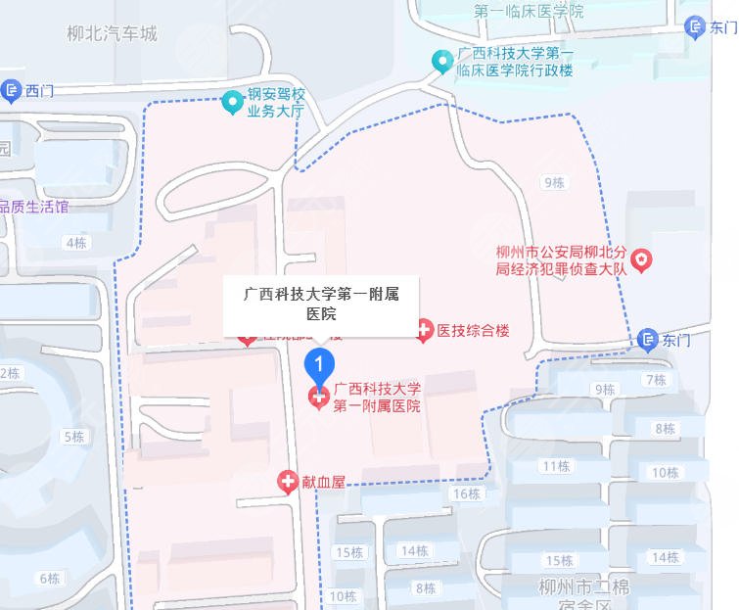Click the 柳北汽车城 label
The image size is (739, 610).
pyautogui.click(x=112, y=34)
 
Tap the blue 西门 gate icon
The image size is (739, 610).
pyautogui.click(x=12, y=92)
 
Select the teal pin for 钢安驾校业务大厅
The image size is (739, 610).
pyautogui.click(x=232, y=101)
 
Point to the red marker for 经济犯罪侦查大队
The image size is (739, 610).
pyautogui.click(x=641, y=259)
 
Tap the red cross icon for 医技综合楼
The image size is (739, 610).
pyautogui.click(x=424, y=331)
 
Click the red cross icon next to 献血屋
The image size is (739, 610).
pyautogui.click(x=287, y=481)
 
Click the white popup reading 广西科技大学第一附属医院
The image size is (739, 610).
pyautogui.click(x=321, y=303)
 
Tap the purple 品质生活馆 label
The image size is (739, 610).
pyautogui.click(x=35, y=207)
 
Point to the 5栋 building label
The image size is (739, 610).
pyautogui.click(x=74, y=436)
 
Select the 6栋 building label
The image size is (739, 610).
pyautogui.click(x=49, y=577)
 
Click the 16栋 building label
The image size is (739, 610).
pyautogui.click(x=467, y=493)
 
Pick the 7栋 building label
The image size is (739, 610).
pyautogui.click(x=655, y=380)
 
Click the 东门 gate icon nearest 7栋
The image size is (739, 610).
pyautogui.click(x=648, y=340)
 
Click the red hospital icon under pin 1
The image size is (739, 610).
pyautogui.click(x=318, y=398)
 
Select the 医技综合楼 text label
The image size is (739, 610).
pyautogui.click(x=474, y=331)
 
